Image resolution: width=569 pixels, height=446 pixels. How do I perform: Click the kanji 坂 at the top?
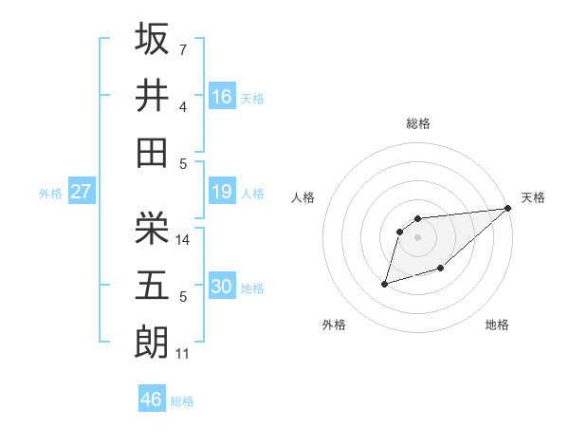152,39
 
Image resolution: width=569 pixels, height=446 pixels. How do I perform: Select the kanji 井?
152,95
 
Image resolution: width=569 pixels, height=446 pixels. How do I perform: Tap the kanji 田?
152,152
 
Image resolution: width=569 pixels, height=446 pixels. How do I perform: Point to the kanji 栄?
152,229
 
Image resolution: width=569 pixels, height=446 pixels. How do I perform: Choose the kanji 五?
152,286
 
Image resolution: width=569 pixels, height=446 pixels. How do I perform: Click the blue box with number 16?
222,96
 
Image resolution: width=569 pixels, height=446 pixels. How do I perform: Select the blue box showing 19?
222,192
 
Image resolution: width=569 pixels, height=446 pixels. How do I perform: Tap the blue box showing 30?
222,287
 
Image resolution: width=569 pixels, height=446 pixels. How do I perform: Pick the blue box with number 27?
81,192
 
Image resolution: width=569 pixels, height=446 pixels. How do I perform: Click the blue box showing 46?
152,400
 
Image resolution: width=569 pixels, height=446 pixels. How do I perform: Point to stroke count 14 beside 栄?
183,240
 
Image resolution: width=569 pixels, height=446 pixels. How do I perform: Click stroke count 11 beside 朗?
183,354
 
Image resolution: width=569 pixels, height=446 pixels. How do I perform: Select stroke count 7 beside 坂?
182,48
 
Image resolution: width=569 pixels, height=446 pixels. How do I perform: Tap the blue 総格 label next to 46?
182,401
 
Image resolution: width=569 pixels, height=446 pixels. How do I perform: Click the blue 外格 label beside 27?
50,194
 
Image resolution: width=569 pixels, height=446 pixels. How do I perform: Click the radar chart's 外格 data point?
385,283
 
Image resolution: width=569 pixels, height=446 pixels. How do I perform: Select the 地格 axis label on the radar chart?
497,325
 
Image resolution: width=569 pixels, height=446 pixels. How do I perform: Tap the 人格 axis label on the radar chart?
303,197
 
